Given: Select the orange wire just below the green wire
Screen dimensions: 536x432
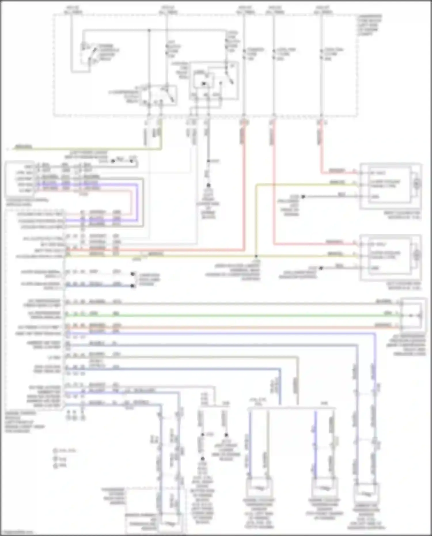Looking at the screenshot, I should point(230,327).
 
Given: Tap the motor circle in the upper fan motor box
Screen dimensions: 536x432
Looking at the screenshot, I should point(416,183).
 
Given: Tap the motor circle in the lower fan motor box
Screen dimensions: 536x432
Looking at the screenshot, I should point(416,255).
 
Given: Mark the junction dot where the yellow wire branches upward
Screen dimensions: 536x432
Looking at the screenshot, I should point(256,256).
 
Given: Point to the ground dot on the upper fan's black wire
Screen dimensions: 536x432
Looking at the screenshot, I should point(303,197).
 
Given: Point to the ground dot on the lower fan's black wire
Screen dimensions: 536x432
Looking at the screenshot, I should point(321,268).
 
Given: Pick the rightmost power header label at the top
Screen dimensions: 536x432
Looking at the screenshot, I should point(323,10).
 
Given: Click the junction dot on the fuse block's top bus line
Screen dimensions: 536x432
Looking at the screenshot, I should point(149,30).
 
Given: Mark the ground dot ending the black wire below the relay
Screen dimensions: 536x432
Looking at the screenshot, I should point(208,185).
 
